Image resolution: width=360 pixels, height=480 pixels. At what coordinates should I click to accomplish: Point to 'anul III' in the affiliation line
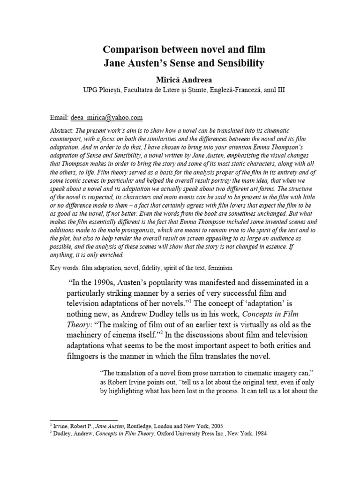pyautogui.click(x=271, y=90)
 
